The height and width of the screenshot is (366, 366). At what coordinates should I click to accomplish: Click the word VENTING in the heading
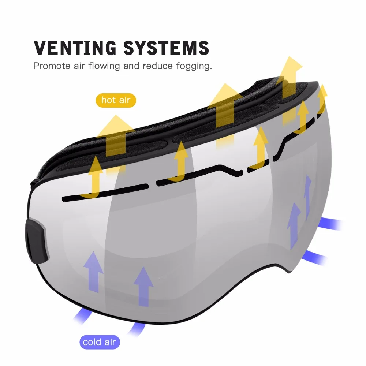tap(75, 48)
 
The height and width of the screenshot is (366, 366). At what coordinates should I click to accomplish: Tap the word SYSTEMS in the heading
tap(166, 48)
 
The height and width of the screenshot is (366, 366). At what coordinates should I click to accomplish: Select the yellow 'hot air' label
tap(116, 100)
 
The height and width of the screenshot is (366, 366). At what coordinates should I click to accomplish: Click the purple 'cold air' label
tap(100, 342)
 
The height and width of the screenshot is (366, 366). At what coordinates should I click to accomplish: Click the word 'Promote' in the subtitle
tap(52, 66)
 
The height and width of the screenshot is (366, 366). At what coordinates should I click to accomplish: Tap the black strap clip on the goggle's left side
tap(37, 240)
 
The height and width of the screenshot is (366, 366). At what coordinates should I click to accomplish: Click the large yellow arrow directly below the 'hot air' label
tap(116, 138)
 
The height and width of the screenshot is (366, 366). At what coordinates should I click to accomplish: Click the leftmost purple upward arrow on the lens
tap(94, 272)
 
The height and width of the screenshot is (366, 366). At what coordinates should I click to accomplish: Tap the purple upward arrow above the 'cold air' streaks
tap(143, 287)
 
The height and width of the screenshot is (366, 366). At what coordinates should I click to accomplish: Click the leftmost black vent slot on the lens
tap(105, 193)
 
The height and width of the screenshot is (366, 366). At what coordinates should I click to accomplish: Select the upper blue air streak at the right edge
tap(331, 224)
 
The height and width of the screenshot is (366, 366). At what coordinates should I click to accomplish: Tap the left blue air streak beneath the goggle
tap(82, 316)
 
